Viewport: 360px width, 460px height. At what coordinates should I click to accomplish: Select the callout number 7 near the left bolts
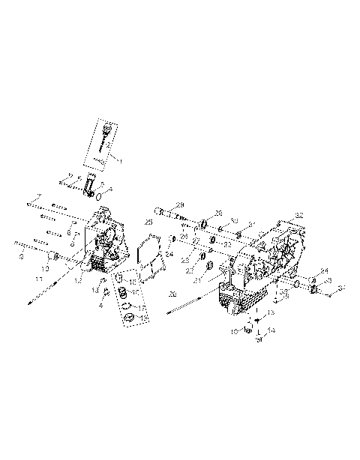(x=36, y=197)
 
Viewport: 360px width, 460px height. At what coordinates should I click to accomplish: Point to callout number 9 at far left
(x=21, y=257)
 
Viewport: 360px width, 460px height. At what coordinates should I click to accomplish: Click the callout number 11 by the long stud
(x=37, y=278)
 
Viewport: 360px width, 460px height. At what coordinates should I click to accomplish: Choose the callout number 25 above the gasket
(x=148, y=223)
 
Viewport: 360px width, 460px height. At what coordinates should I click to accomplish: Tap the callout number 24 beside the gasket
(x=170, y=254)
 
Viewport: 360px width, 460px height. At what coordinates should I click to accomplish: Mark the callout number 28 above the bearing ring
(x=218, y=213)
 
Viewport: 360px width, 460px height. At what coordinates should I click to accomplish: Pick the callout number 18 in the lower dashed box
(x=144, y=318)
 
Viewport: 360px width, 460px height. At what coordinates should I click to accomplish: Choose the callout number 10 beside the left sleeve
(x=45, y=267)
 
